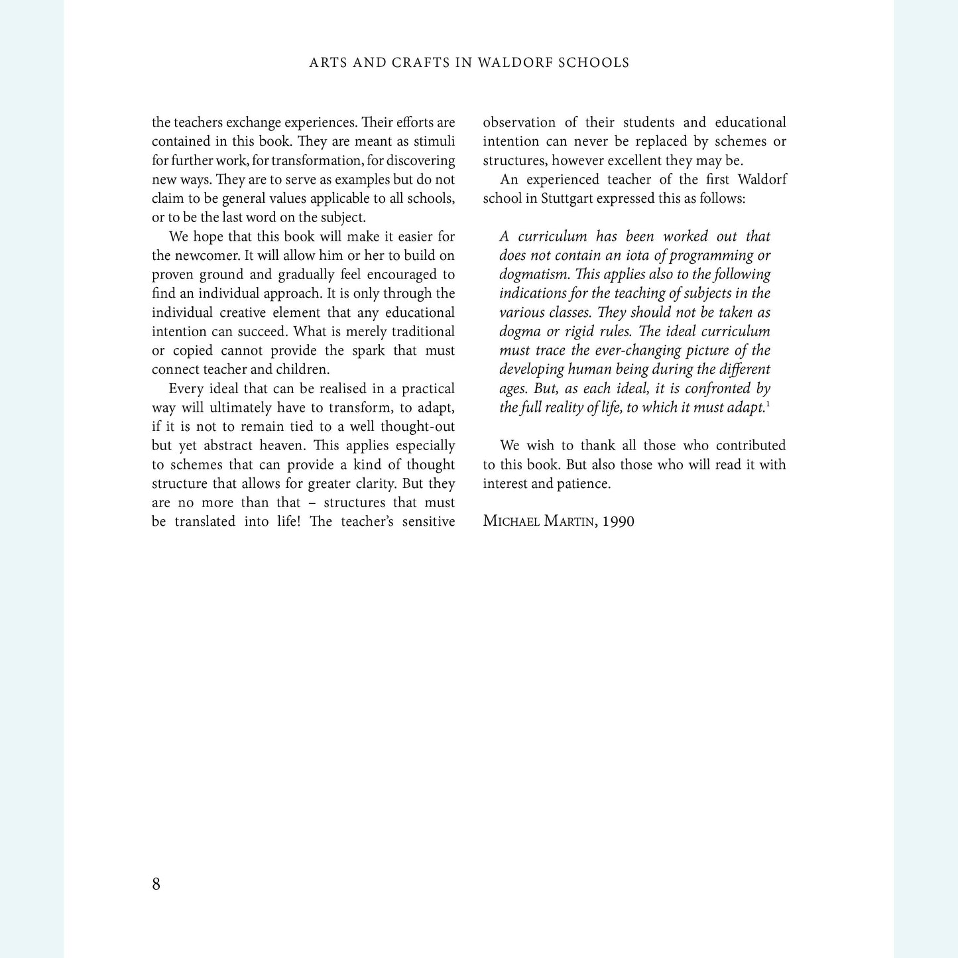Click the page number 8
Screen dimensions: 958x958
point(156,884)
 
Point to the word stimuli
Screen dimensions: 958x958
point(434,141)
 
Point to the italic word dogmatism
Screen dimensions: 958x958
point(535,274)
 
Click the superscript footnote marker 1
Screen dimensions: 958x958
point(768,404)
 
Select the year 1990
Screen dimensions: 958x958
point(619,521)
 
